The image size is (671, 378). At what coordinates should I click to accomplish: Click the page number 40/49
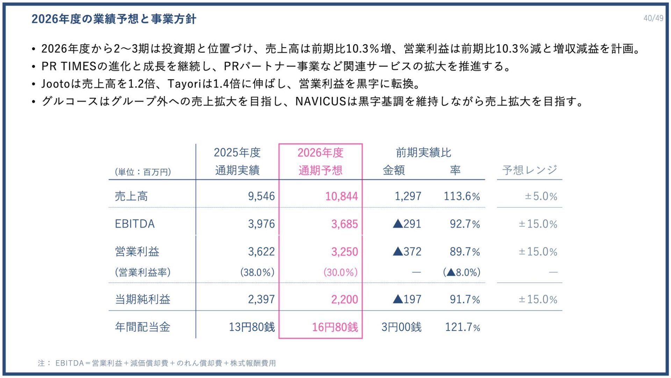(x=653, y=18)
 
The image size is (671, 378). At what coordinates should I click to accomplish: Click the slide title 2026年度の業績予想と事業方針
(x=114, y=19)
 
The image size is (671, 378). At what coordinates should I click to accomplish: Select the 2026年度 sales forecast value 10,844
(x=341, y=196)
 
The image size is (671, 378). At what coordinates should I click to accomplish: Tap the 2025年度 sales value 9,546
(x=261, y=196)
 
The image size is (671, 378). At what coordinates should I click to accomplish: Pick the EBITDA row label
(x=135, y=224)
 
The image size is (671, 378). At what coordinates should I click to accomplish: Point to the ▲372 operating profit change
(x=407, y=252)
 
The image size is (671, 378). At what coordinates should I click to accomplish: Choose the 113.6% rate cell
(x=462, y=196)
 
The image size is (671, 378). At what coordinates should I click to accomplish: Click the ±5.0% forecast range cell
(x=541, y=196)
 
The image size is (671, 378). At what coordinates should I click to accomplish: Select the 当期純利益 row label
(x=143, y=300)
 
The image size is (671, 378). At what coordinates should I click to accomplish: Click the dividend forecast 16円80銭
(x=335, y=327)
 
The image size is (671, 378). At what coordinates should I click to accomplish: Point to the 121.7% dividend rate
(x=462, y=327)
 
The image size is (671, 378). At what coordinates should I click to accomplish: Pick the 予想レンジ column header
(x=529, y=170)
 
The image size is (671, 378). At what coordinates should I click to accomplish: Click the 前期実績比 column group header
(x=424, y=153)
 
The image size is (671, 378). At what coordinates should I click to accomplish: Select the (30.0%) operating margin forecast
(x=340, y=272)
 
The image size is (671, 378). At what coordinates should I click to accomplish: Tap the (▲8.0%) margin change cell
(x=462, y=272)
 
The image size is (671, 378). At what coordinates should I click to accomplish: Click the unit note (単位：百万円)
(x=143, y=172)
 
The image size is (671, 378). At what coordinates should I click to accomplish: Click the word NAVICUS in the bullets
(x=320, y=101)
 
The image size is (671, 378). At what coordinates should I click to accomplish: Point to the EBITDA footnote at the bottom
(x=157, y=363)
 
